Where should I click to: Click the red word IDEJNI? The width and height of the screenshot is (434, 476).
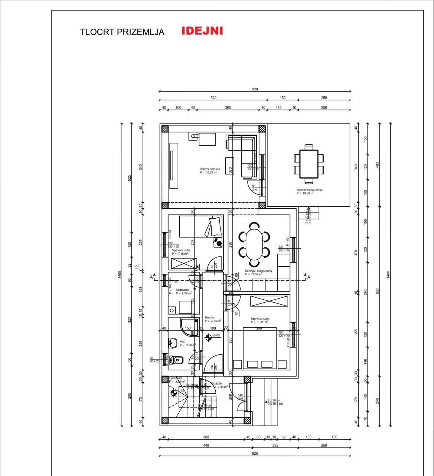202,31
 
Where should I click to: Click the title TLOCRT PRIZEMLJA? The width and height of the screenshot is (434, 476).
122,32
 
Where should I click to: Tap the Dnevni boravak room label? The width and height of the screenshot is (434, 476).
209,169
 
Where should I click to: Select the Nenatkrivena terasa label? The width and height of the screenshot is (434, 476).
309,190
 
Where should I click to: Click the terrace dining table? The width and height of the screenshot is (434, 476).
309,164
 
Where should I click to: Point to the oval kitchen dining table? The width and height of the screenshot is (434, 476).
254,244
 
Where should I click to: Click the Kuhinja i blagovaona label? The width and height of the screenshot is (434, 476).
258,271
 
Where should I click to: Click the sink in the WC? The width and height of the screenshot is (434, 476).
173,342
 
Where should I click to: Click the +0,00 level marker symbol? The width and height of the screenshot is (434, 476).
208,337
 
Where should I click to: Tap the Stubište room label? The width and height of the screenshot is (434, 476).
217,383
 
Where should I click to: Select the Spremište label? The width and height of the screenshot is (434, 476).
176,378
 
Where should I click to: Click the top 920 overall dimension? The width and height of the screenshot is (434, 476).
255,89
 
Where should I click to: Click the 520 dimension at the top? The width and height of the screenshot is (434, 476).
213,98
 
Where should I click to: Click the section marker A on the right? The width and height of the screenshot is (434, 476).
309,277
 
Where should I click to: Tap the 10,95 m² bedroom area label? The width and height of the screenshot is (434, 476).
260,322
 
